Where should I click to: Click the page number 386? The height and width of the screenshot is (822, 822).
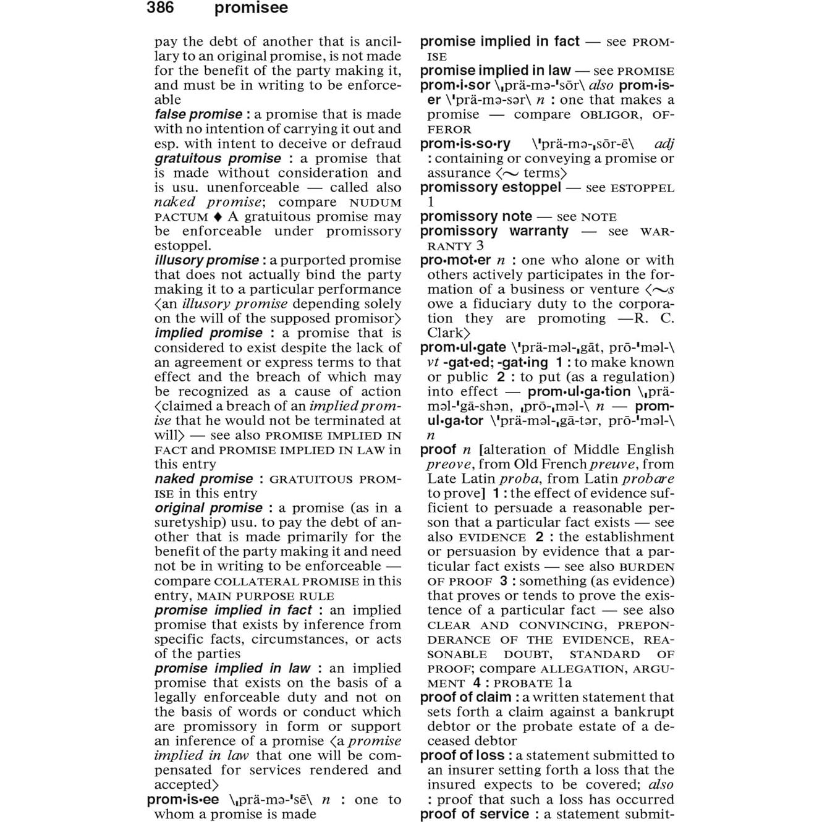160,8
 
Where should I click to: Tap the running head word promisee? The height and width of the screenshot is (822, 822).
251,8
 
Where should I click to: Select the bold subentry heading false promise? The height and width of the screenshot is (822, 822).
198,114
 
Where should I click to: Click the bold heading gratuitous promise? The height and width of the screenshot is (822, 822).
218,158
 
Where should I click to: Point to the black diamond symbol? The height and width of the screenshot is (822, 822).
217,217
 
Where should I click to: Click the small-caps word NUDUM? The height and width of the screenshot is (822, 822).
375,203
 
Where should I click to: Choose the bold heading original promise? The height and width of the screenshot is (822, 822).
208,508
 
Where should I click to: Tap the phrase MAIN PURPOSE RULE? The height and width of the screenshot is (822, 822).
265,596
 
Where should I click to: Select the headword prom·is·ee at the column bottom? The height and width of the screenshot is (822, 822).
183,800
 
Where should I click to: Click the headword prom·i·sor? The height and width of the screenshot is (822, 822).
455,85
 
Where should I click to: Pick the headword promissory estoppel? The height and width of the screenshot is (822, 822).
490,187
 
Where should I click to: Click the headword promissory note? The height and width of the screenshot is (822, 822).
476,216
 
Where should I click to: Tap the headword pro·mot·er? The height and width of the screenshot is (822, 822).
455,260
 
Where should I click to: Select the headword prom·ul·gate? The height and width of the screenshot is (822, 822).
463,347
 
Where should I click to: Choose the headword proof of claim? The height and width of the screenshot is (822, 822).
465,698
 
